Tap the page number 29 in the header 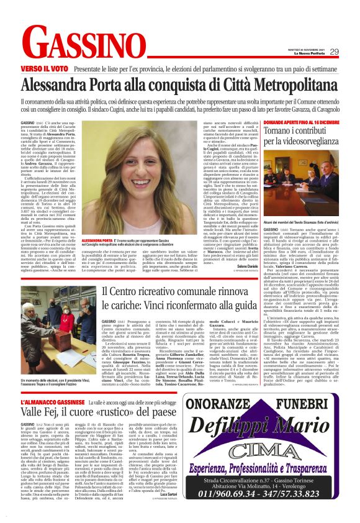point(334,52)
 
